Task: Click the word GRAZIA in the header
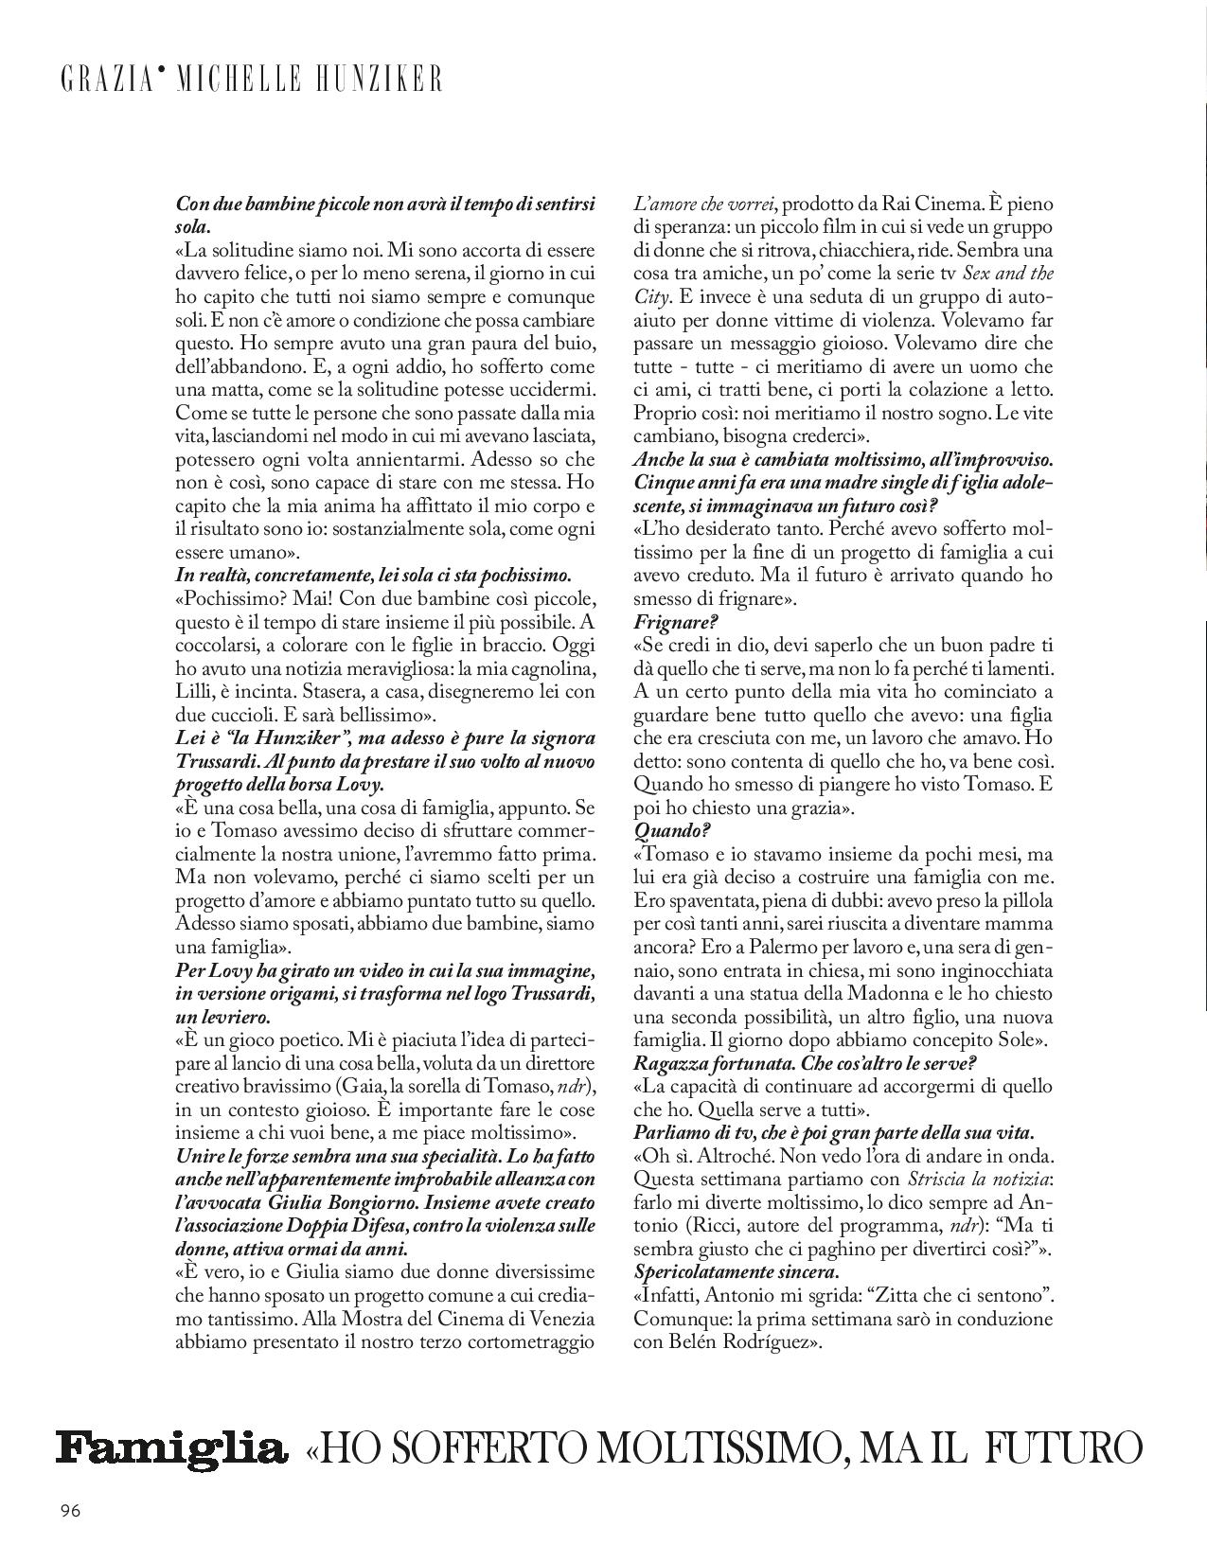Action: click(105, 80)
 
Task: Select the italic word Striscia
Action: click(940, 1180)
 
